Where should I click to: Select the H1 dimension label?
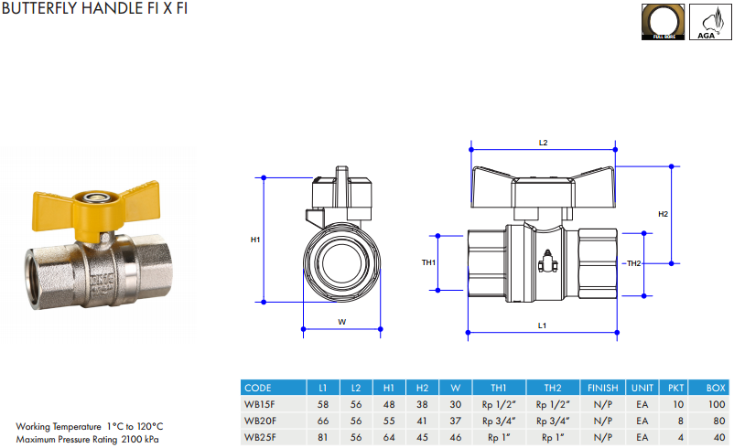click(255, 240)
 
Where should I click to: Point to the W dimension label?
click(341, 321)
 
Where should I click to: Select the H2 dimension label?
click(664, 213)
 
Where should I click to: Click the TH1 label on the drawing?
click(428, 262)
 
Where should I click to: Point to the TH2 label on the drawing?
click(633, 263)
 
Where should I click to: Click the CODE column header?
click(258, 388)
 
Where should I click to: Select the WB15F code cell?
click(260, 404)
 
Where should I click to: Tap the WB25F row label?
click(260, 437)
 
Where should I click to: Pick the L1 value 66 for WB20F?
click(322, 421)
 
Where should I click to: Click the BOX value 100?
click(716, 404)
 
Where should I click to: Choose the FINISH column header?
click(603, 388)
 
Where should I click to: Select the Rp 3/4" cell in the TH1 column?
click(499, 421)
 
